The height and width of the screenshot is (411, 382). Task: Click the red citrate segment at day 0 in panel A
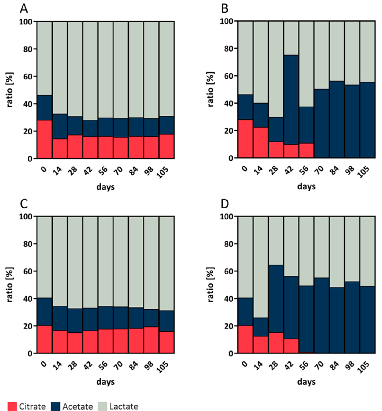point(44,139)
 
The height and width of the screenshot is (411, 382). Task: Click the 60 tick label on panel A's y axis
point(27,77)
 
